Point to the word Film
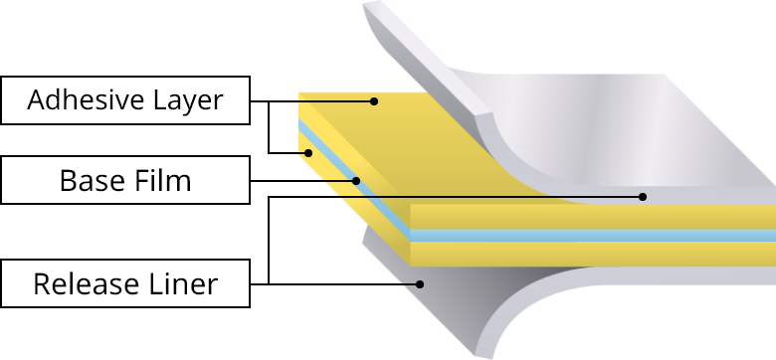[x=163, y=182]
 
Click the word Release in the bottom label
[x=83, y=284]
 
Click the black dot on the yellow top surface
[x=374, y=100]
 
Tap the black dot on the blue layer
[x=355, y=181]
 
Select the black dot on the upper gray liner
[x=643, y=197]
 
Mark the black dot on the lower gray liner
[x=420, y=284]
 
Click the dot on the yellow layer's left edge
[x=307, y=152]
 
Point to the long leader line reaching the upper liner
[x=497, y=197]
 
